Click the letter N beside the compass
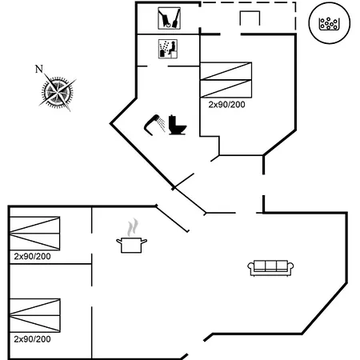(39, 69)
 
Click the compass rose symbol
(58, 92)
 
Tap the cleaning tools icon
(169, 18)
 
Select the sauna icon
(168, 49)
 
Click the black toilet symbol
(178, 125)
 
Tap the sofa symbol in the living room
(270, 268)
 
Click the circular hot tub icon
(330, 23)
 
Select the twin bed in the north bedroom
(226, 80)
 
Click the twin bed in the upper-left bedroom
(34, 234)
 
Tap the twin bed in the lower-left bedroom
(35, 315)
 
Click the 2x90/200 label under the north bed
(226, 105)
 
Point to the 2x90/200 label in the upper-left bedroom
(32, 257)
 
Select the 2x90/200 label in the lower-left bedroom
(32, 339)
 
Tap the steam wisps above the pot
(133, 227)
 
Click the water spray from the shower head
(161, 125)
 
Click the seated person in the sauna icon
(172, 48)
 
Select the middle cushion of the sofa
(270, 266)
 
